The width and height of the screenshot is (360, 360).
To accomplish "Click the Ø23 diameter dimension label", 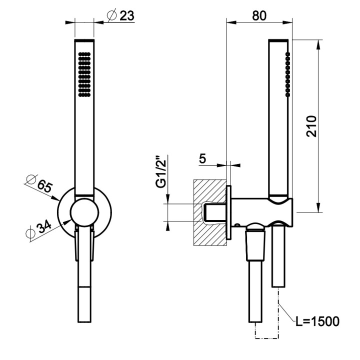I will point(121,15).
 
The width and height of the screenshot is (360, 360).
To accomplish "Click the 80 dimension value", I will point(258,15).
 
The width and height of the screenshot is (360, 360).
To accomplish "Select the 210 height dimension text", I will point(311,126).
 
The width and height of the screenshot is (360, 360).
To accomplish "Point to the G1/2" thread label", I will point(160,173).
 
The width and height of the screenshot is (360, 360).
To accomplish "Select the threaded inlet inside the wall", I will point(213,213).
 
